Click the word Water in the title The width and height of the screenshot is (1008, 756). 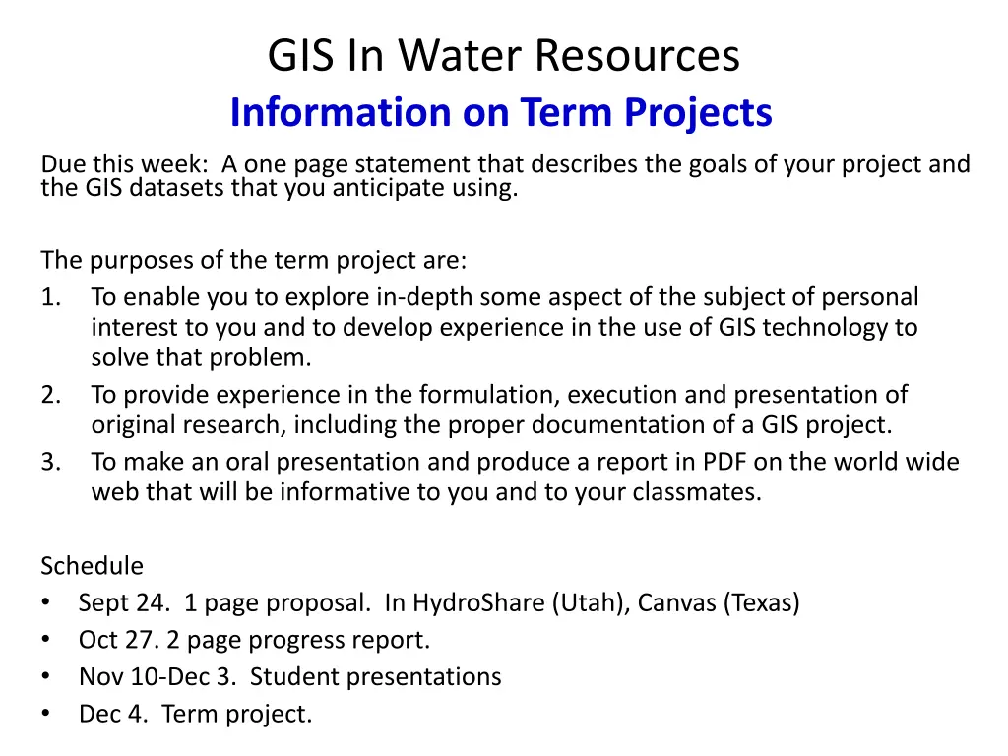tap(460, 55)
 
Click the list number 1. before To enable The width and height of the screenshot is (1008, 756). tap(51, 297)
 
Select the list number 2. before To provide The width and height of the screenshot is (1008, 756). tap(51, 394)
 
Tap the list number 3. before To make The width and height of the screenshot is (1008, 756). tap(51, 462)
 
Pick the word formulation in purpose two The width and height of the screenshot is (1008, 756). tap(486, 394)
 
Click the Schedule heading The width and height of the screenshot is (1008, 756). tap(92, 566)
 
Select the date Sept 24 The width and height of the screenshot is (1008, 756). tap(124, 603)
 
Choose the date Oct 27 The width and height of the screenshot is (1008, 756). tap(119, 640)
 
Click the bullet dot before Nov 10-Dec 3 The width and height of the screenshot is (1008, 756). tap(45, 676)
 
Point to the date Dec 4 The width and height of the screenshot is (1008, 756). tap(113, 715)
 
